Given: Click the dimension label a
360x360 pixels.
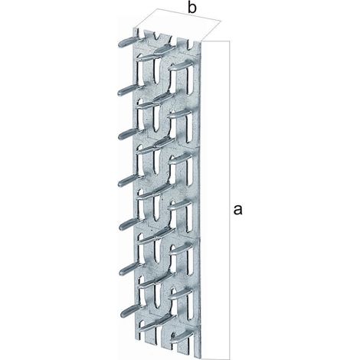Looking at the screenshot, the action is click(x=237, y=210).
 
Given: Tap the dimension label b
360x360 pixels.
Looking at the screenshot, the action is click(x=192, y=8).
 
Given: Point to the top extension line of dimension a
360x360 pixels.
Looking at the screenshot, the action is click(x=217, y=41).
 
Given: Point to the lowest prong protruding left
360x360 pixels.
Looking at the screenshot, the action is click(x=131, y=311).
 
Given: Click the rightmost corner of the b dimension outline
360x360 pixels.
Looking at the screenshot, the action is click(x=220, y=21).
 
